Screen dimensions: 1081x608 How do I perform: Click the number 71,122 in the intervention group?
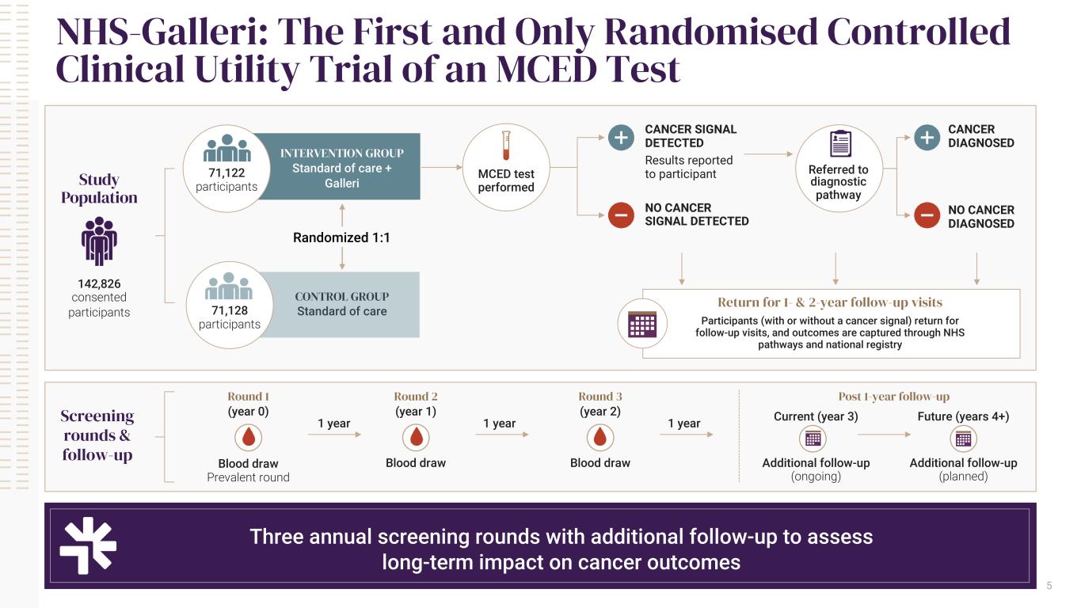coord(226,173)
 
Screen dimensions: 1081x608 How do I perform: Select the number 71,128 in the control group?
coord(229,310)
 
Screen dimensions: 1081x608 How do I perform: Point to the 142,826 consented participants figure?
coord(99,283)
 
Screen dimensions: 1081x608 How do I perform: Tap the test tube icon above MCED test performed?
coord(506,145)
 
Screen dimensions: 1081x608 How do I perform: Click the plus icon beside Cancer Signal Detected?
coord(621,138)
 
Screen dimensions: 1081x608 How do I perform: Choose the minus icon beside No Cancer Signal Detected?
coord(621,215)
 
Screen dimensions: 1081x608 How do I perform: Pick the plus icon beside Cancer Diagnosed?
coord(927,138)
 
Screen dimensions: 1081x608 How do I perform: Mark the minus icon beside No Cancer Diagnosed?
coord(927,215)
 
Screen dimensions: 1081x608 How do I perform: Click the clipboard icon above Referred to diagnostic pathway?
coord(840,143)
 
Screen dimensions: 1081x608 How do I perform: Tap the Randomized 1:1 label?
coord(341,237)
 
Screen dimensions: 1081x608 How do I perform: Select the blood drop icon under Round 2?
coord(416,438)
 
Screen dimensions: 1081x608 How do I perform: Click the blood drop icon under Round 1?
coord(248,438)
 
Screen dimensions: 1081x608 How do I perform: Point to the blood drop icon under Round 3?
coord(599,438)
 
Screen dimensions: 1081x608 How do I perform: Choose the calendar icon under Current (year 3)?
coord(813,439)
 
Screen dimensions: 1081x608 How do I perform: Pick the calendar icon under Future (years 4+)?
coord(963,439)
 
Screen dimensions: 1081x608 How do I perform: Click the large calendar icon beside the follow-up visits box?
coord(642,324)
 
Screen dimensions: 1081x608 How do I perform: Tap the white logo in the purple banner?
coord(88,545)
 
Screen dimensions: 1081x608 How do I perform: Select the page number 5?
coord(1049,585)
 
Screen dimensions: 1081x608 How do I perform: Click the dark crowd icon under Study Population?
coord(99,241)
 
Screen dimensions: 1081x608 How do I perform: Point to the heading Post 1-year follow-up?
coord(894,396)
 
